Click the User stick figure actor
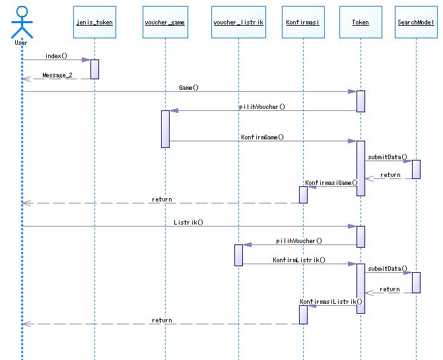(x=21, y=22)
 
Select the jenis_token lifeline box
(x=94, y=22)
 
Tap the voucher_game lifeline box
(x=164, y=22)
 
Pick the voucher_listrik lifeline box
(x=238, y=22)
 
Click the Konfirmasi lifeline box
(x=303, y=22)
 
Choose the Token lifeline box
(x=360, y=22)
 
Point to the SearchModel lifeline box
(x=416, y=22)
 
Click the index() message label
(x=57, y=55)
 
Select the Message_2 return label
(x=57, y=75)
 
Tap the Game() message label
(x=189, y=87)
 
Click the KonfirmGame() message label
(x=262, y=137)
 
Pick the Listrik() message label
(x=189, y=223)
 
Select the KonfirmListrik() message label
(x=299, y=260)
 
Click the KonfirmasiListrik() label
(x=331, y=302)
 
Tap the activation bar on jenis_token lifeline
(x=94, y=69)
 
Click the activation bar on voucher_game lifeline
(x=165, y=129)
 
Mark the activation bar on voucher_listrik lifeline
(x=238, y=255)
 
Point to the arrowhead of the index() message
(x=86, y=60)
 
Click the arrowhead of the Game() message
(x=353, y=92)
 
